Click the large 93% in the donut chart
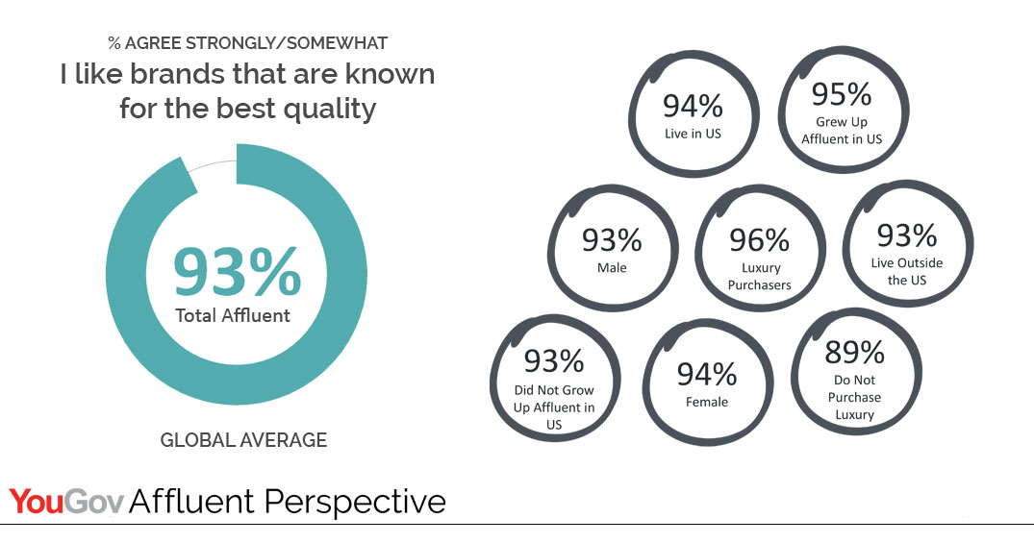click(x=237, y=271)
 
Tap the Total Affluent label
click(x=233, y=315)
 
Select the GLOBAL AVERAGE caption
click(x=243, y=439)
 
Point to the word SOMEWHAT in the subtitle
click(x=337, y=43)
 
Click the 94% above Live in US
click(x=693, y=106)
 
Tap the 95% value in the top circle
click(x=842, y=94)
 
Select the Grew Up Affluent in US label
click(x=842, y=131)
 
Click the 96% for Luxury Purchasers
click(x=759, y=240)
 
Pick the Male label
click(x=612, y=267)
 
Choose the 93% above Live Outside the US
click(x=907, y=235)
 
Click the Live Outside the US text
click(x=907, y=271)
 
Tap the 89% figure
click(x=855, y=353)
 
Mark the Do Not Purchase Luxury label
click(x=855, y=397)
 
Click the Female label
click(x=707, y=402)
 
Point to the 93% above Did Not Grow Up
click(x=554, y=360)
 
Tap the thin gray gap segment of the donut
click(x=213, y=164)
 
